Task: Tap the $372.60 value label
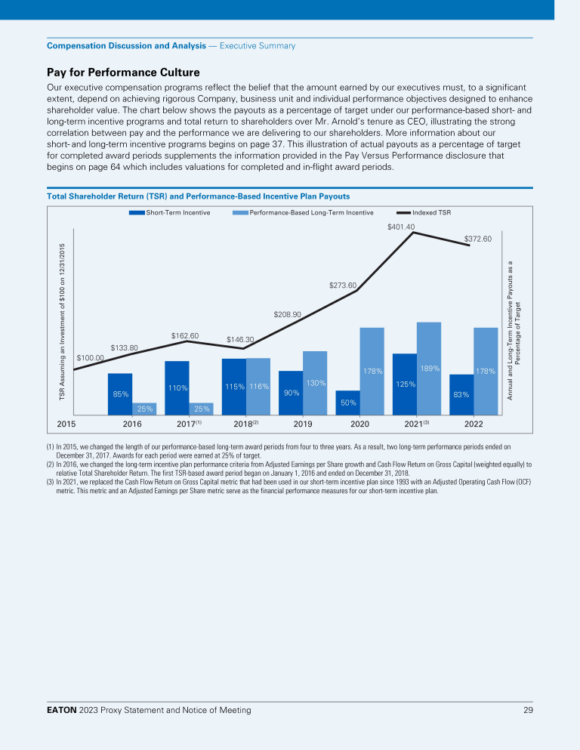tap(477, 239)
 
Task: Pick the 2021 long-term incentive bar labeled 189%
tap(429, 368)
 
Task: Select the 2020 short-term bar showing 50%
tap(348, 403)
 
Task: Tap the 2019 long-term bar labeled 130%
tap(315, 382)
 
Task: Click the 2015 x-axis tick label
tap(66, 424)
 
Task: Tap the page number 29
tap(527, 710)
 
